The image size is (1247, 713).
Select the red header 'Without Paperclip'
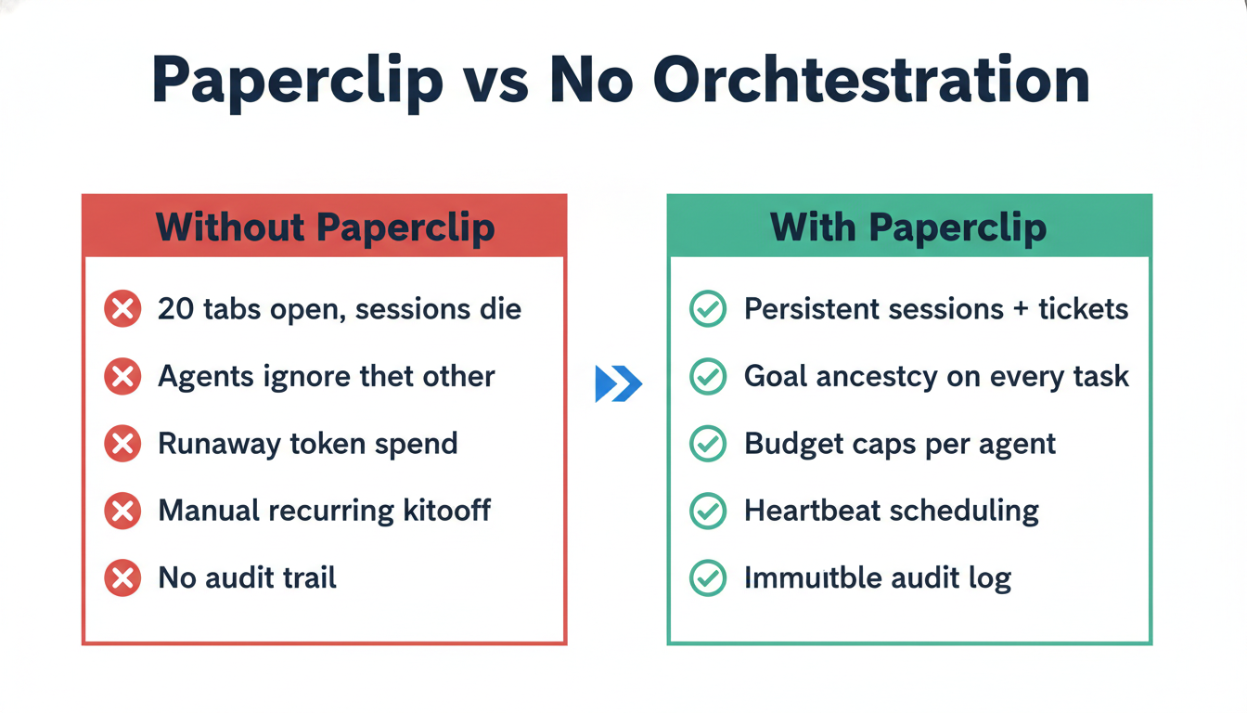[325, 227]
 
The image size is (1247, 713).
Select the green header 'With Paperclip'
[908, 227]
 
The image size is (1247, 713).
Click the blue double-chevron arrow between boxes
[618, 383]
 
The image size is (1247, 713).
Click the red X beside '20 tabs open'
[122, 309]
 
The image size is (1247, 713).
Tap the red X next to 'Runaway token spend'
[122, 444]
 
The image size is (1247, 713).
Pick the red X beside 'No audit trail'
[122, 578]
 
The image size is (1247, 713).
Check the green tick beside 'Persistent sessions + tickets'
[708, 309]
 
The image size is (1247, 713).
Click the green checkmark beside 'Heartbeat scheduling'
[708, 511]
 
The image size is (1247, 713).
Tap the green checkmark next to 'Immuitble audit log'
[708, 578]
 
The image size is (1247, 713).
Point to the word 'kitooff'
[442, 511]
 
